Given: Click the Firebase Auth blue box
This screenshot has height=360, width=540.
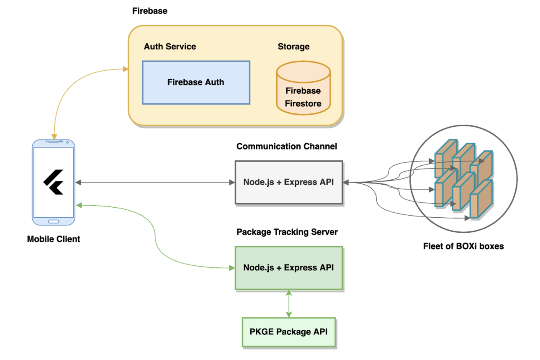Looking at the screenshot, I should [x=196, y=82].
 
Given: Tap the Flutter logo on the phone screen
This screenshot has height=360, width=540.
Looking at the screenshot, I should [x=54, y=182].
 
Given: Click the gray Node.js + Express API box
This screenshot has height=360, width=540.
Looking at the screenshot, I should [x=288, y=183].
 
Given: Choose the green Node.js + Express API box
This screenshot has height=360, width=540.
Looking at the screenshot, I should [x=288, y=268].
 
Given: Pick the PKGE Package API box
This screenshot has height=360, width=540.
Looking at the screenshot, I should [x=288, y=332].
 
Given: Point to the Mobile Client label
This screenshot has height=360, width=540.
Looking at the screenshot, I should [x=54, y=239].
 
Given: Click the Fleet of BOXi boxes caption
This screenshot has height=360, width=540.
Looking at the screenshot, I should [x=463, y=246].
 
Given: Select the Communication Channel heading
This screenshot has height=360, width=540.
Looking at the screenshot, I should [x=287, y=147].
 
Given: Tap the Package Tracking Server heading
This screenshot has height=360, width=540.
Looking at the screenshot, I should [x=287, y=232].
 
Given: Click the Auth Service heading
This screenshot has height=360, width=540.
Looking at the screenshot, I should [x=170, y=46].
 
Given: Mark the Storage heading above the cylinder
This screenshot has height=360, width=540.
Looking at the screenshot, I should [x=293, y=46].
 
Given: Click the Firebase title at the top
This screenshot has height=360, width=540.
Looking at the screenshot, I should [x=149, y=11].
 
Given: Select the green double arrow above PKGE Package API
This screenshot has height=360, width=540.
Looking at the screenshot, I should [x=288, y=303].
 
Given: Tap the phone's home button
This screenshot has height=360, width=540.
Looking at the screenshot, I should [x=54, y=221].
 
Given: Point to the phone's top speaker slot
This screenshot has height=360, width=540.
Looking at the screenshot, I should [x=54, y=141].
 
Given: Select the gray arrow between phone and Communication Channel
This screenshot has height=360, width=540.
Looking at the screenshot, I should [x=155, y=183].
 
